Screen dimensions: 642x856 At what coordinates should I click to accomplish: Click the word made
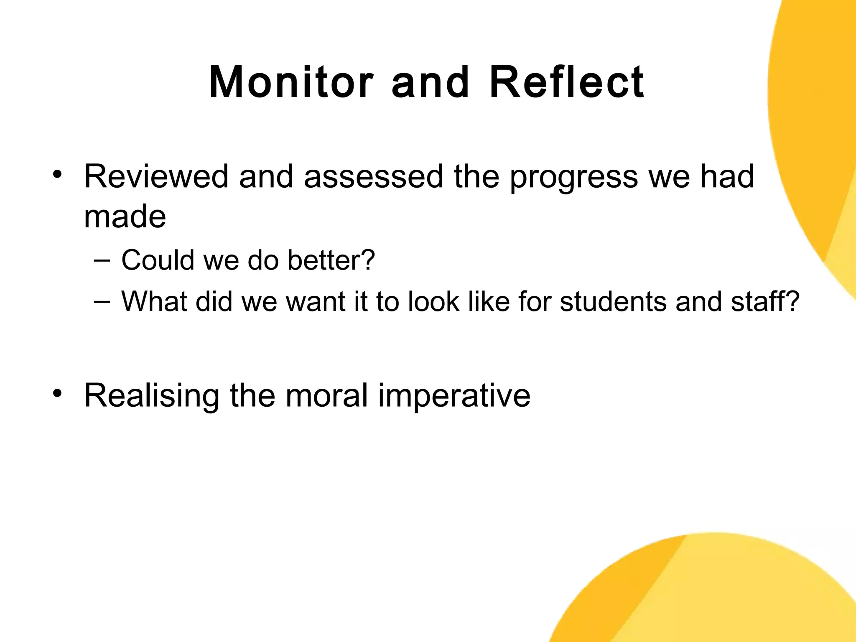125,217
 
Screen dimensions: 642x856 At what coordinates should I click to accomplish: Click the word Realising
152,396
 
